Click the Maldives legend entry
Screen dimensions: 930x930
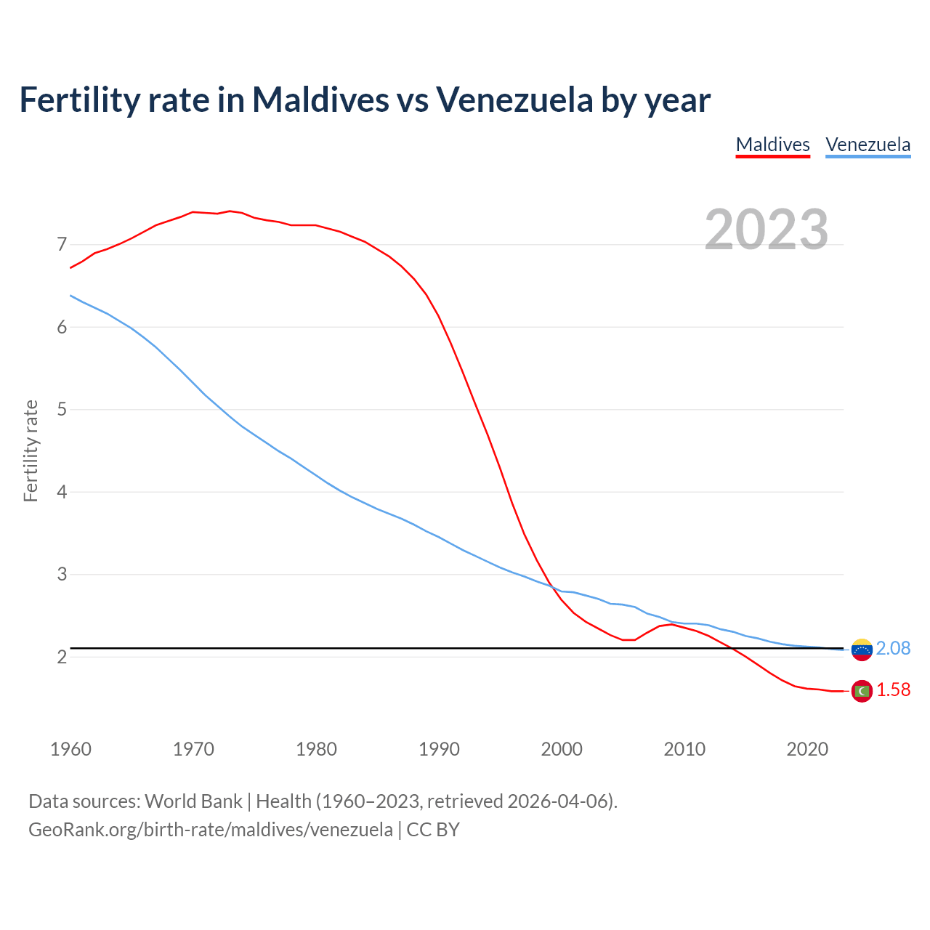[x=772, y=145]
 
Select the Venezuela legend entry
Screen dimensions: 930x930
[x=868, y=145]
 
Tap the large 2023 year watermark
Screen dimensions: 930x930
[x=767, y=230]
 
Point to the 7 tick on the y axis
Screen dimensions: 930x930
[x=62, y=245]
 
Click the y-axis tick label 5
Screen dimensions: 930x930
[x=62, y=410]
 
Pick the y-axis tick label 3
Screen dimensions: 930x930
[x=62, y=575]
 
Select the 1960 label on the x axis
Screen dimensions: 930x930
[x=70, y=749]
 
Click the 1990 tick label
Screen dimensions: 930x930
[x=439, y=749]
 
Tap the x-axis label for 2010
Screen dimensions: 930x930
[x=684, y=749]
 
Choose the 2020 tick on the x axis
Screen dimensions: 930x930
[x=807, y=749]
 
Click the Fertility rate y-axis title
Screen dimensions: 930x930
[x=31, y=450]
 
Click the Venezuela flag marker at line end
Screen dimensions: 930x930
[x=862, y=650]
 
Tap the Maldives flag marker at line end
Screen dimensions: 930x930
[x=862, y=691]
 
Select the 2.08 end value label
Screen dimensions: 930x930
[x=893, y=648]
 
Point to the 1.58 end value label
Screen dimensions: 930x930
[x=893, y=690]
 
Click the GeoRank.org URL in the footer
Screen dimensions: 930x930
[x=210, y=829]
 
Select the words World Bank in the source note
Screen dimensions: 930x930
[x=193, y=801]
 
